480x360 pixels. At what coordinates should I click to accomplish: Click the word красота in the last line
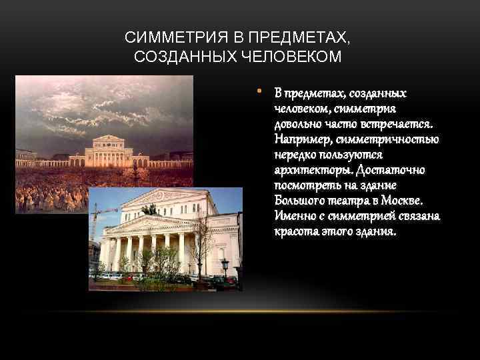(x=293, y=231)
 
